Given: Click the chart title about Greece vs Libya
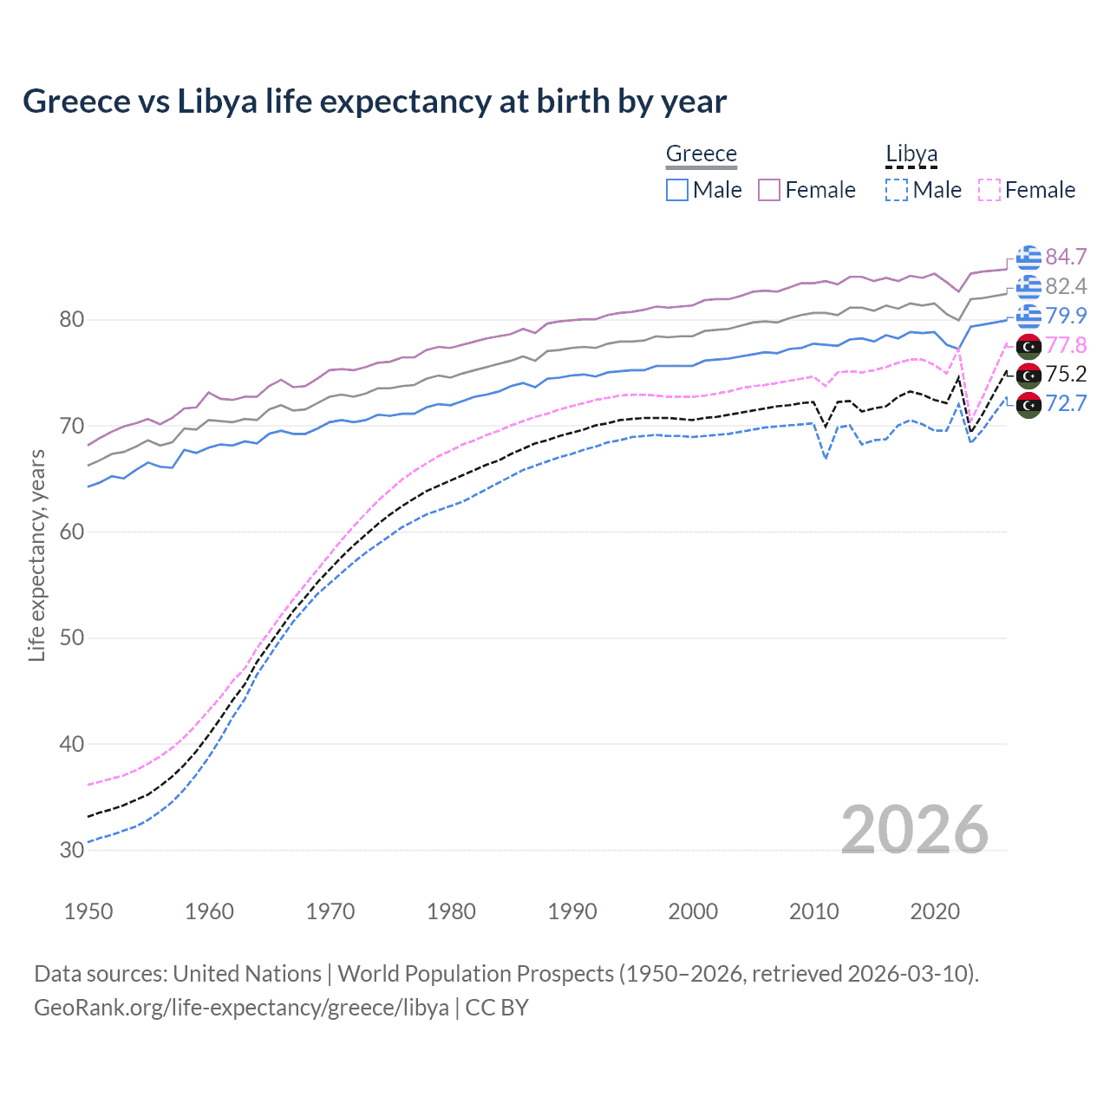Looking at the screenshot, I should point(374,101).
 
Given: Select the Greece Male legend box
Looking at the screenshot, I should point(677,190).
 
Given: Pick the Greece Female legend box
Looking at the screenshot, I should point(769,190).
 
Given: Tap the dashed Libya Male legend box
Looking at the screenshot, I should point(897,190).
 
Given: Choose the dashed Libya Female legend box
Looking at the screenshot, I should point(989,190).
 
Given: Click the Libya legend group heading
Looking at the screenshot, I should point(911,153).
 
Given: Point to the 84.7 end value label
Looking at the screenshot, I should point(1066,257).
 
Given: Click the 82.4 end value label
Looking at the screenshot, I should point(1066,286).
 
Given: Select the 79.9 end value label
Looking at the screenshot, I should point(1066,316).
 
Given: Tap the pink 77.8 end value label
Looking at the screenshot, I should point(1066,345).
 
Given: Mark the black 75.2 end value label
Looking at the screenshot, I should point(1066,374).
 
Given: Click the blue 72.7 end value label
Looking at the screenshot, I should point(1066,403).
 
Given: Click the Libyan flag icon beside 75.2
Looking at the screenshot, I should point(1028,375).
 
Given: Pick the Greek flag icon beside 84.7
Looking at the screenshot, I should point(1028,258).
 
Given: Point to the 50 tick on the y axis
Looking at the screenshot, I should point(72,638).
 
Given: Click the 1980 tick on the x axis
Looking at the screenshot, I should point(451,911).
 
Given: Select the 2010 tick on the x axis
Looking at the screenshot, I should point(813,911).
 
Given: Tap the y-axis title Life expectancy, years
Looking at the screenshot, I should point(37,555).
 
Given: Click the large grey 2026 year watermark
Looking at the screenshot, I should point(914,830).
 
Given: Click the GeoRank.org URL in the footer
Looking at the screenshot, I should point(241,1008).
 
